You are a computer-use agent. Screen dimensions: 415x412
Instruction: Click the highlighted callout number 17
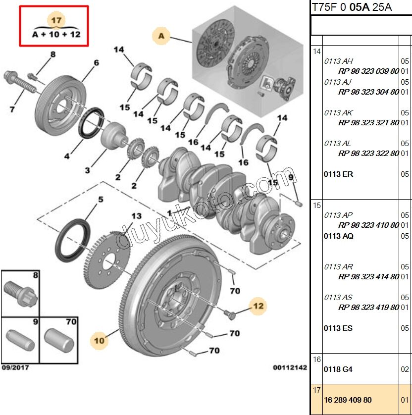pos(55,20)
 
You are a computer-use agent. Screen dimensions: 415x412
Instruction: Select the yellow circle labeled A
pos(161,36)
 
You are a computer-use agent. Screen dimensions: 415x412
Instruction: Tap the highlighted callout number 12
pos(259,306)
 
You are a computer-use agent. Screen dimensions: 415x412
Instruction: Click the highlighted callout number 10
pos(100,340)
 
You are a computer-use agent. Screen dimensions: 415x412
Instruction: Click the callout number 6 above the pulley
pos(96,62)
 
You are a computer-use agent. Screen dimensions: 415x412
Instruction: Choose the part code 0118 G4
pos(338,369)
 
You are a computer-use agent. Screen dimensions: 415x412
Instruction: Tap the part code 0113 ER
pos(338,174)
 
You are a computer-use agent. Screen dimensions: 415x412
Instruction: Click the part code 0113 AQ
pos(339,236)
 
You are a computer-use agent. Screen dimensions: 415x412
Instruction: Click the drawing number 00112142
pos(290,368)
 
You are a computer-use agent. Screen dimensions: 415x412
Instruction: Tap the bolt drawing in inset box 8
pos(18,294)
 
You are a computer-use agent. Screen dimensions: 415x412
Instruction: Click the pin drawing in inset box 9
pos(20,342)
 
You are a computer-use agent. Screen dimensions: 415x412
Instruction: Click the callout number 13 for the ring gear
pos(136,216)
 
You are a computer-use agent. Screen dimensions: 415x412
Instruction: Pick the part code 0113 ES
pos(338,328)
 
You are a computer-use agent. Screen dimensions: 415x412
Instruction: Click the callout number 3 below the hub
pos(87,170)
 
